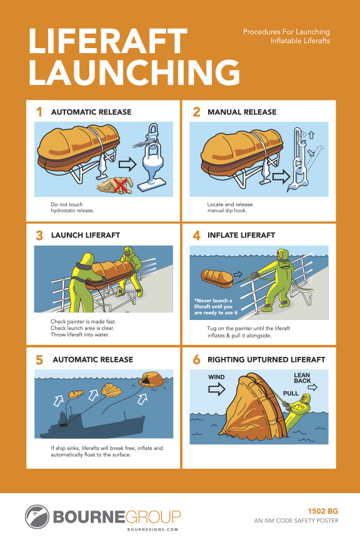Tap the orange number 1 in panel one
(39, 112)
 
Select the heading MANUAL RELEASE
(242, 112)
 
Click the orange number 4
(196, 236)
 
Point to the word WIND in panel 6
(216, 377)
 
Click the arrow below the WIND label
(217, 389)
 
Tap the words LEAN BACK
(302, 377)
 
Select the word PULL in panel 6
(291, 393)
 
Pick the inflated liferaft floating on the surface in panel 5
(151, 379)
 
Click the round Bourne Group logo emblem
(37, 517)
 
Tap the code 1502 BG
(322, 511)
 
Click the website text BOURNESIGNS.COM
(152, 529)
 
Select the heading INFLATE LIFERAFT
(241, 235)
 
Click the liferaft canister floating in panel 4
(217, 279)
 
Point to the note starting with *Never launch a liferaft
(216, 306)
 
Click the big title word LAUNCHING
(134, 72)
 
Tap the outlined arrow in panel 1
(127, 164)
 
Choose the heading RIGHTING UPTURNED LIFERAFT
(266, 359)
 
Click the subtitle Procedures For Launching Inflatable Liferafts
(286, 36)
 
